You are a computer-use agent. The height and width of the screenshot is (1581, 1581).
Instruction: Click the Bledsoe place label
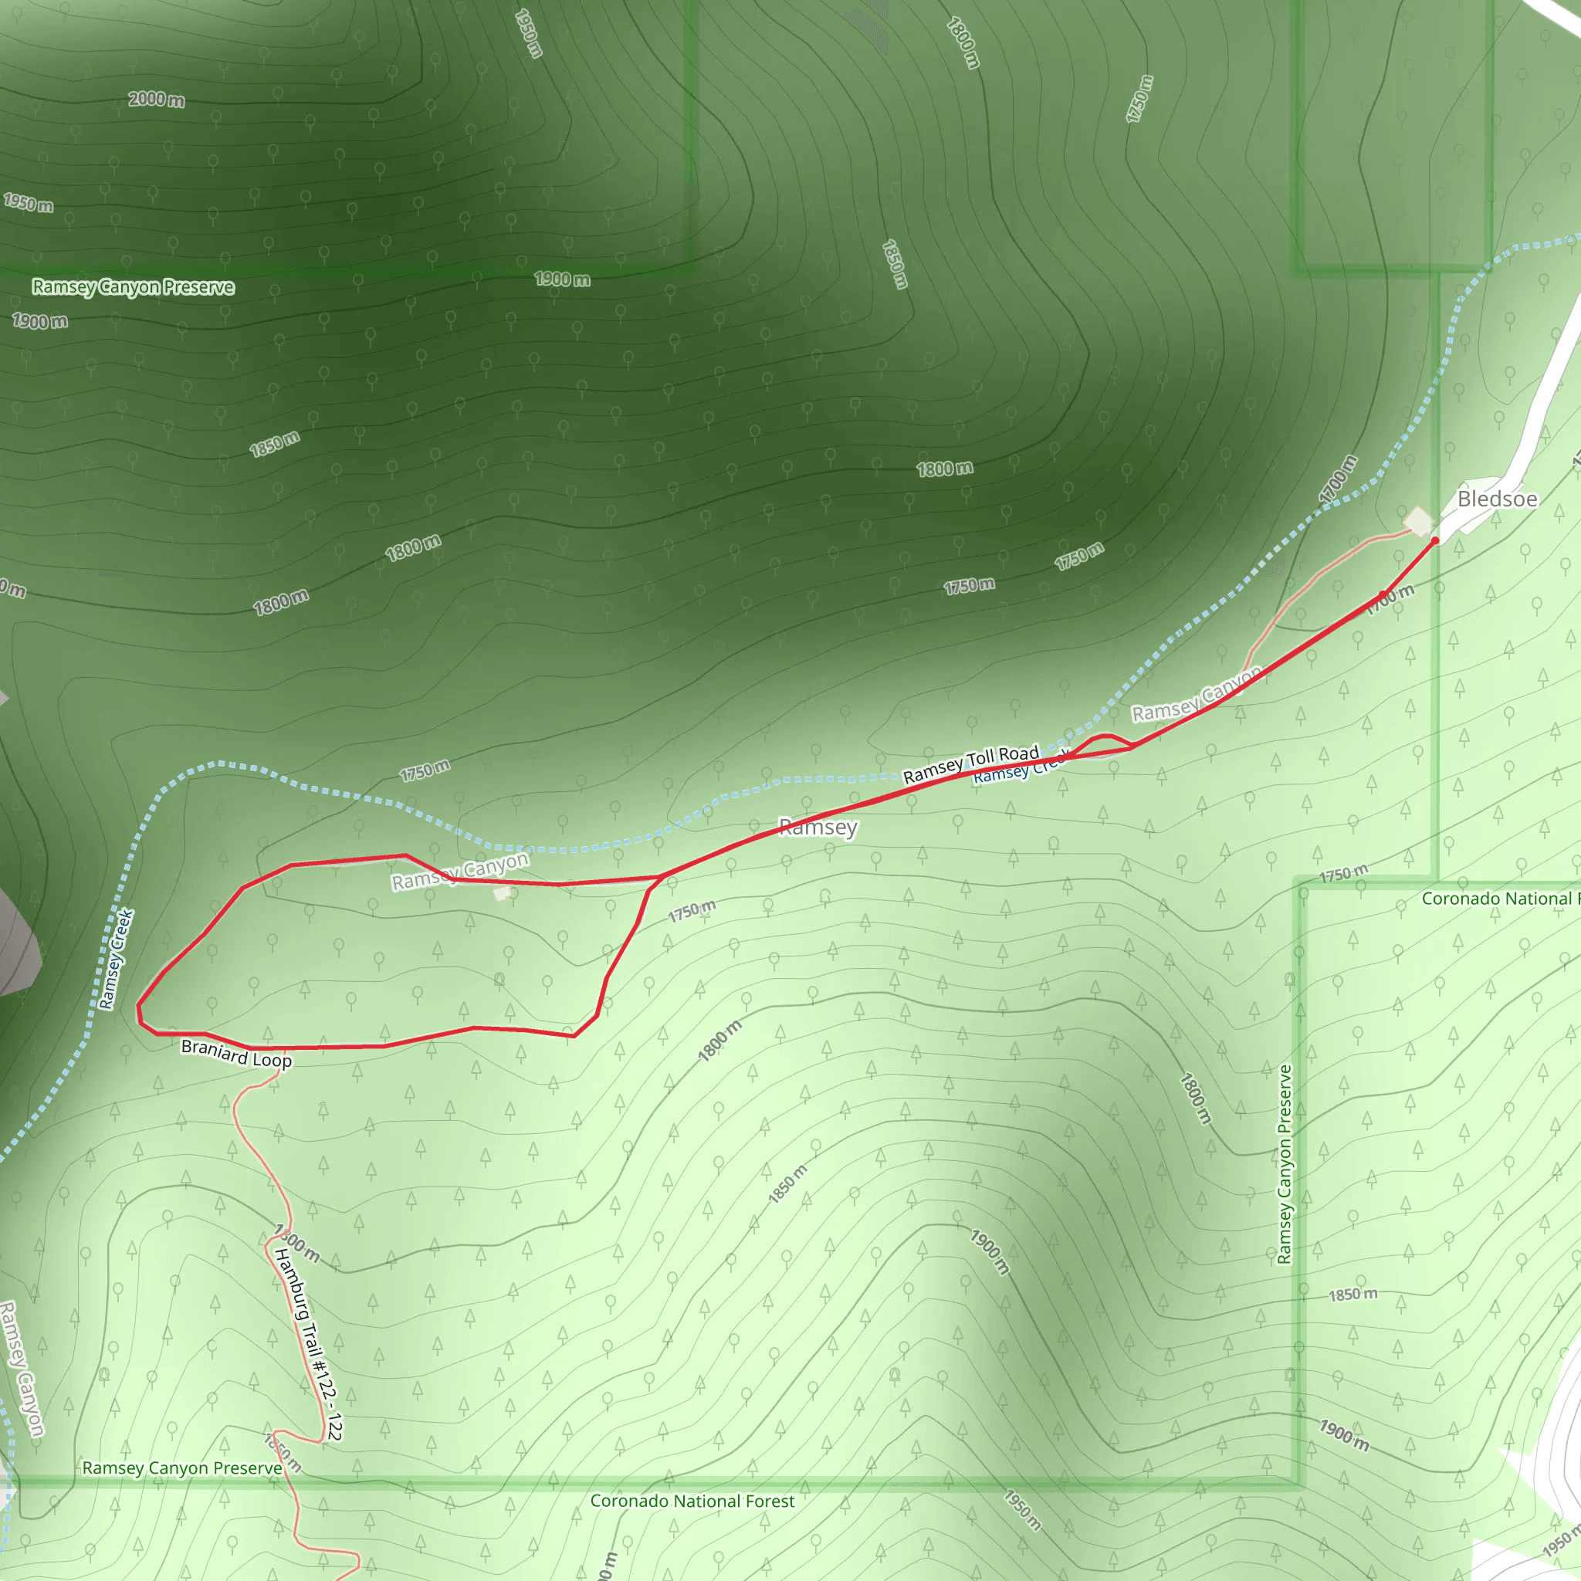click(x=1497, y=499)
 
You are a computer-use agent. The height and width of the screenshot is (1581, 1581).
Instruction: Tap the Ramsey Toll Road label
click(x=970, y=764)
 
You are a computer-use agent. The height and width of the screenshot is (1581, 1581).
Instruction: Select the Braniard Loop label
click(x=235, y=1053)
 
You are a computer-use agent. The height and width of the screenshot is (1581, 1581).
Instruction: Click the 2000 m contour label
click(x=156, y=100)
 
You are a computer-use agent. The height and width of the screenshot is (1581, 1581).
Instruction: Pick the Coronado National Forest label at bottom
click(x=692, y=1501)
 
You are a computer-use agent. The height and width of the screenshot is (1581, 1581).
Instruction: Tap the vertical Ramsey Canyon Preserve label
click(x=1285, y=1164)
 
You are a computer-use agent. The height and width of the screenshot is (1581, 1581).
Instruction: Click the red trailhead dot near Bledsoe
click(x=1434, y=541)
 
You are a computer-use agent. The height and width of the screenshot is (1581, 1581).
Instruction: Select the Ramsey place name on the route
click(x=818, y=828)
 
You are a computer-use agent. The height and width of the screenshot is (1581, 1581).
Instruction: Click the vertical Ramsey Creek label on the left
click(x=115, y=959)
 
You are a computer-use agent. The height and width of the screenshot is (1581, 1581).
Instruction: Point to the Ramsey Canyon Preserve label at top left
click(x=134, y=287)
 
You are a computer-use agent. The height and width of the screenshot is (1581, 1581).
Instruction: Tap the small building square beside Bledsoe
click(x=1417, y=520)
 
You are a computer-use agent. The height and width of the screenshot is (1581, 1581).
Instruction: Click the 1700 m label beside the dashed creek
click(x=1338, y=479)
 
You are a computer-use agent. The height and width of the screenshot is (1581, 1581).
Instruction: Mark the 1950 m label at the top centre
click(x=529, y=33)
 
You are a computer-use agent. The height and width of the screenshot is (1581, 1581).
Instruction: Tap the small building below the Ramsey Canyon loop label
click(x=502, y=894)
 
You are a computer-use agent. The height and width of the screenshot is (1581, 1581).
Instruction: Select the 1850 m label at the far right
click(x=1352, y=1295)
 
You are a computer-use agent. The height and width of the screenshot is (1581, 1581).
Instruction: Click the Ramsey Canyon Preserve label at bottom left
click(x=181, y=1468)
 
